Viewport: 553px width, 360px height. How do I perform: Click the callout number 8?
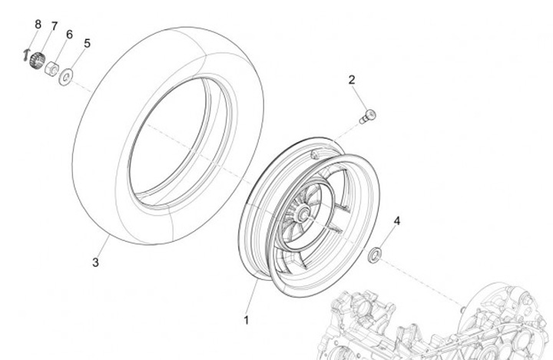(38, 25)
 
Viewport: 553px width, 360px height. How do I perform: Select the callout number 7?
(55, 26)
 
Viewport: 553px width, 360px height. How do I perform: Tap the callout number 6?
(69, 35)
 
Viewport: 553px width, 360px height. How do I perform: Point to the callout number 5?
(87, 44)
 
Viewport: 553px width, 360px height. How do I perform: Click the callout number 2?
(352, 80)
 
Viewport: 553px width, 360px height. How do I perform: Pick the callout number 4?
(397, 221)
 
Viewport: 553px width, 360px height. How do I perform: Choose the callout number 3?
(95, 263)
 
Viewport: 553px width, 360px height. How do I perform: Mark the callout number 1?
(247, 321)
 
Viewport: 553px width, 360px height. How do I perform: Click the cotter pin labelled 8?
(25, 55)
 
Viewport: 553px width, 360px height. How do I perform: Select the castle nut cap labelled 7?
(37, 61)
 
